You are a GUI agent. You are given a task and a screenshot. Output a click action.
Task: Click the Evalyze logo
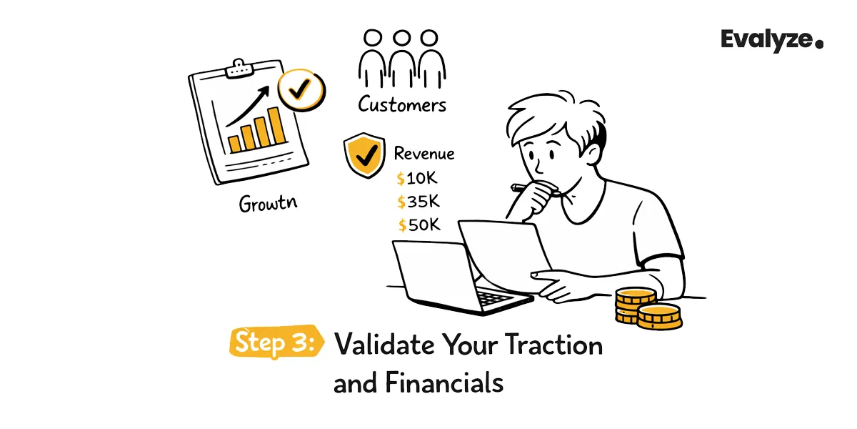pos(771,40)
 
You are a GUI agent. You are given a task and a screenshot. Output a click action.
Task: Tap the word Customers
pos(402,105)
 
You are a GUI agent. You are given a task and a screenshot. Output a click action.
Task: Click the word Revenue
pos(424,154)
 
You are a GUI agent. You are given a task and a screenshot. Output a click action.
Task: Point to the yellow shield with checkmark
pos(364,153)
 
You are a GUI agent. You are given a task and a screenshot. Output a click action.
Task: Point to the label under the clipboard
pos(268,204)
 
